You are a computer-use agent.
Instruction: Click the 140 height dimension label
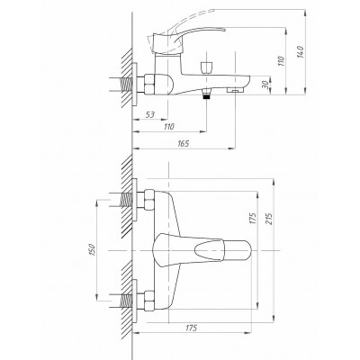[x=301, y=52]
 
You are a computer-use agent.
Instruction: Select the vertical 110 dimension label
[x=281, y=61]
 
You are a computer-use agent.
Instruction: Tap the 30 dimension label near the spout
[x=265, y=85]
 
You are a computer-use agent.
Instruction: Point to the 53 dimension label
[x=150, y=114]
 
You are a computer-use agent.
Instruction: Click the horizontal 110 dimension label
[x=169, y=127]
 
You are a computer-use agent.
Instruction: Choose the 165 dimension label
[x=184, y=144]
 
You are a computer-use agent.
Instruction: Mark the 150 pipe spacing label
[x=92, y=250]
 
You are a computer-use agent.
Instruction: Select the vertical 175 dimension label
[x=253, y=219]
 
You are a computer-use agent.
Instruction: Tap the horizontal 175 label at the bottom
[x=191, y=328]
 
